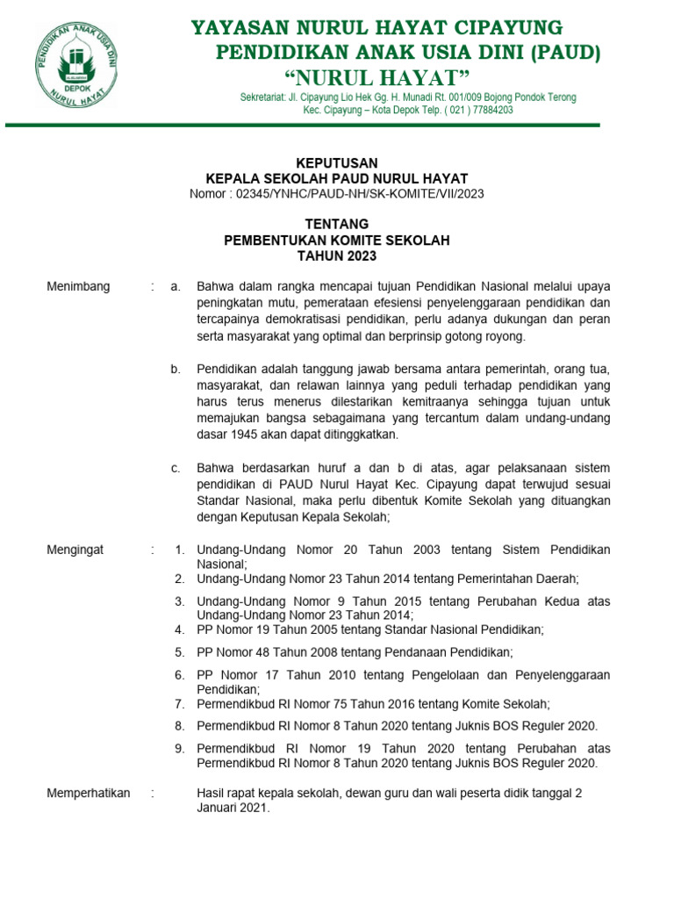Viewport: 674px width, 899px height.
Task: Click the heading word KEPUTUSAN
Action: pos(337,163)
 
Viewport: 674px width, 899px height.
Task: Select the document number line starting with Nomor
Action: pos(337,193)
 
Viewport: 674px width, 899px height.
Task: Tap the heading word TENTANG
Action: pos(337,225)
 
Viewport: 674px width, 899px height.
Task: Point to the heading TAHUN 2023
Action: pos(337,256)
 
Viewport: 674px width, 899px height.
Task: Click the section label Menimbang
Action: pos(78,286)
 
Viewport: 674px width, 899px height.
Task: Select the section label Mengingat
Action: pos(75,550)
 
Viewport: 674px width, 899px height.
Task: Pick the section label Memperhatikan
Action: pos(88,793)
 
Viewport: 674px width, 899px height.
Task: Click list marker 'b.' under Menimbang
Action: pos(176,369)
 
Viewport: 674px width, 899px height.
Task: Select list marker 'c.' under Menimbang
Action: pos(176,468)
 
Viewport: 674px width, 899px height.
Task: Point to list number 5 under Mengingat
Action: pos(179,651)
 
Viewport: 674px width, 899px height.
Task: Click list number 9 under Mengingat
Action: pos(179,748)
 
